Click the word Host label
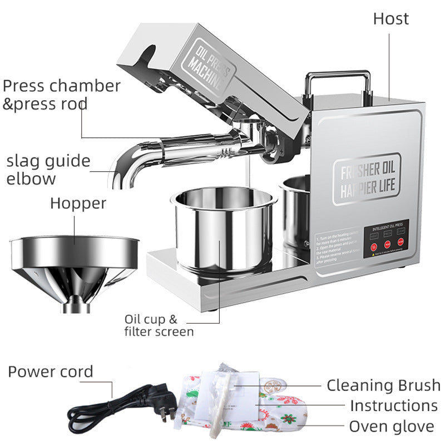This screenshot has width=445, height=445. [x=390, y=18]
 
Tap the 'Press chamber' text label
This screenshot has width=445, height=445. [x=61, y=86]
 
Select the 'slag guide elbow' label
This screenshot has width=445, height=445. [x=48, y=170]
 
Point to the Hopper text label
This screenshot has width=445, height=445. [x=78, y=203]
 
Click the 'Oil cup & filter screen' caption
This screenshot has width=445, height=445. [x=159, y=325]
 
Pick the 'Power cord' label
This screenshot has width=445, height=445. [x=50, y=372]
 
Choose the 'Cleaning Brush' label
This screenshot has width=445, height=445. [x=383, y=385]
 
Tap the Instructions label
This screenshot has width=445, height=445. [x=393, y=406]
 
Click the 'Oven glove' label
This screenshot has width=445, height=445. [x=391, y=427]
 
